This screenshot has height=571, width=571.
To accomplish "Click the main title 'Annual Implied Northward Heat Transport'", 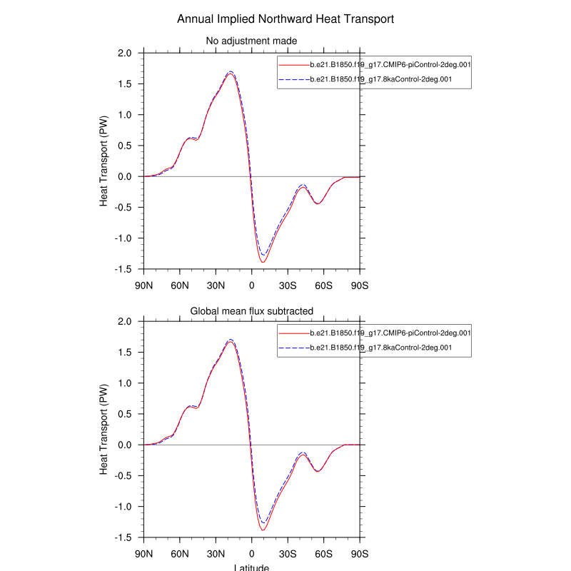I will pos(285,19).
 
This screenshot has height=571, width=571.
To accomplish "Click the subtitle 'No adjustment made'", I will pos(251,41).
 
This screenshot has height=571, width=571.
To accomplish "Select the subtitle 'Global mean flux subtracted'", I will pos(251,310).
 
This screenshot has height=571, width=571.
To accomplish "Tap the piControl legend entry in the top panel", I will pos(390,65).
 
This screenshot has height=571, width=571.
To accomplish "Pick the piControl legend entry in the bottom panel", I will pos(390,333).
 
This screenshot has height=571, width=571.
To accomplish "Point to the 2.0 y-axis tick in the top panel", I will pos(125,54).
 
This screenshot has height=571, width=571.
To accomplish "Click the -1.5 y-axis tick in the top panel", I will pos(123,269).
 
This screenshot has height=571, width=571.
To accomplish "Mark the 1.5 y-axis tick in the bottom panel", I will pos(125,353).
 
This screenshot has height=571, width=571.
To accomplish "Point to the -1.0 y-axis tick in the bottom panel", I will pos(123,507).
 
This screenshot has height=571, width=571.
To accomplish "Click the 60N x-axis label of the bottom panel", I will pos(180,553).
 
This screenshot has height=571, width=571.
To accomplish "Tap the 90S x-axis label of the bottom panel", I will pos(359,553).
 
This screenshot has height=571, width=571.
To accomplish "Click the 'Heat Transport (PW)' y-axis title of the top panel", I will pos(104,161).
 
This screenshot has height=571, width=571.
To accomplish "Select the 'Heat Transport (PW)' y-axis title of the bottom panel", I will pos(104,430).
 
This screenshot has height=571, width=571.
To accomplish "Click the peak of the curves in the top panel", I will pos(230,73).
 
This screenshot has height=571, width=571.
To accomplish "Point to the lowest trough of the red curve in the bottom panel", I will pos(263,530).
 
